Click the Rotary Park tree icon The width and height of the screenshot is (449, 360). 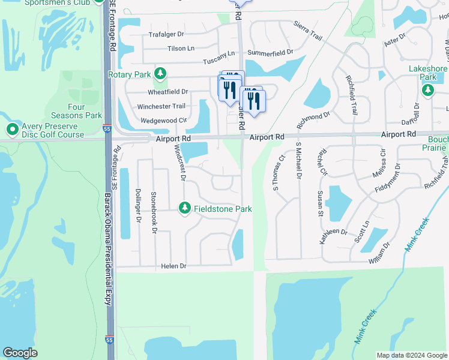point(160,74)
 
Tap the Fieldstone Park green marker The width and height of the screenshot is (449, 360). point(185,208)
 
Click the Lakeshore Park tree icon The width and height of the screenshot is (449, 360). point(427,91)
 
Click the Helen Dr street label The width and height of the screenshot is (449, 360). point(173,266)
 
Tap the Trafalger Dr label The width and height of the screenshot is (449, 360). point(166,35)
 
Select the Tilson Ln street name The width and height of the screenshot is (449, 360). point(181,49)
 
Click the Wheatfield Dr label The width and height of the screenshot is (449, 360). point(168,92)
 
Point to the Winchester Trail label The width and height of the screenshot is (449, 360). point(161,106)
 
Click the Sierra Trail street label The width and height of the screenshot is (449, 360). point(308,31)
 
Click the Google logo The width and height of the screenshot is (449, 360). point(20,353)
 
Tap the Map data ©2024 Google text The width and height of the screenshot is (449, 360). point(411,355)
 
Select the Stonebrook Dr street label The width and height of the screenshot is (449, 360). point(154,212)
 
